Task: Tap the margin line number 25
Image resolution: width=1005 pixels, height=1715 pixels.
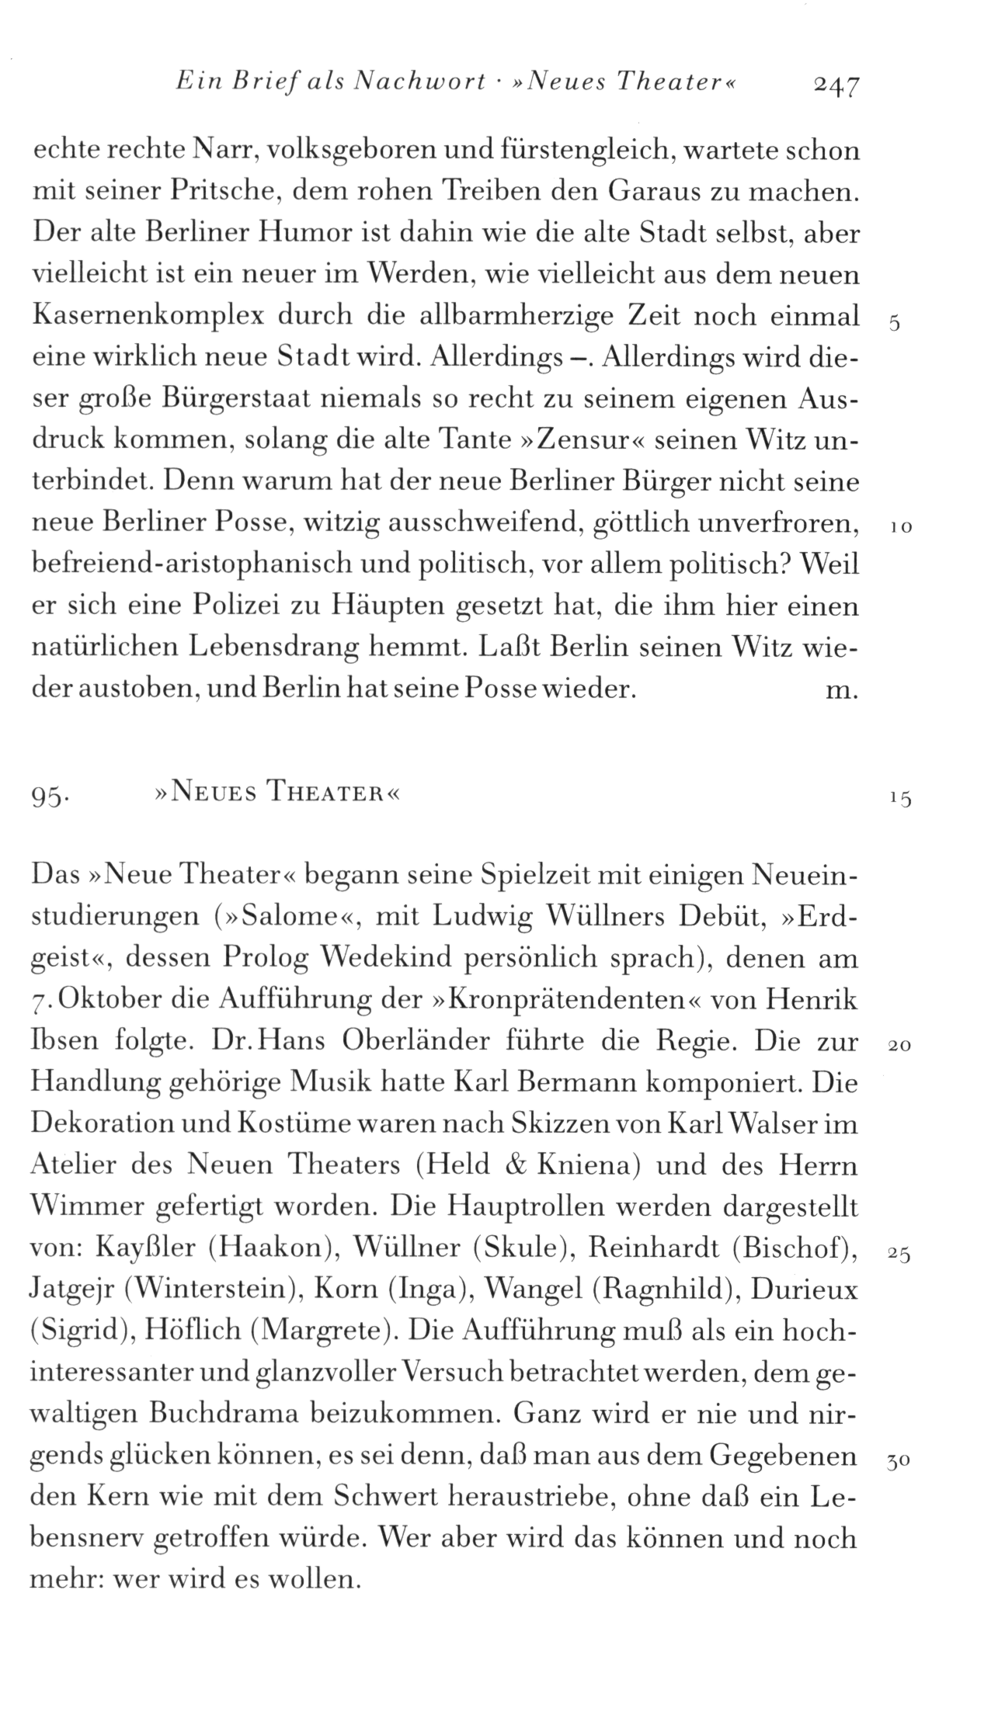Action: point(899,1254)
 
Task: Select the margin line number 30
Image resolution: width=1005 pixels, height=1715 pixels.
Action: point(899,1461)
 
